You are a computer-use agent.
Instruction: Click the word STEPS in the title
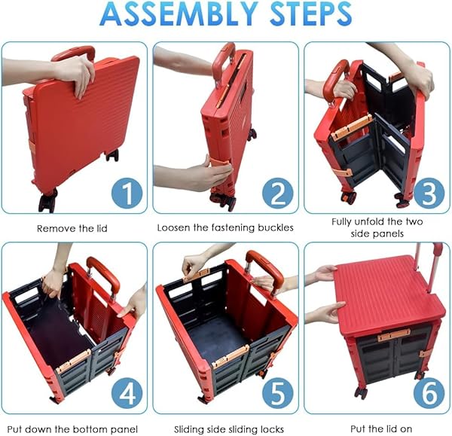(310, 14)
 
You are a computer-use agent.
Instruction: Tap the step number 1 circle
(127, 194)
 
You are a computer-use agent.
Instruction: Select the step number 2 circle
(277, 194)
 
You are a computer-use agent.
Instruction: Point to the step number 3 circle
(429, 194)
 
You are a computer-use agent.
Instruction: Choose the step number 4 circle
(127, 393)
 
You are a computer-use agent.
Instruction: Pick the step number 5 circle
(277, 393)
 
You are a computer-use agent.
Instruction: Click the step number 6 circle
(429, 393)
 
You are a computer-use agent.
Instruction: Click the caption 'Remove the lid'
(72, 228)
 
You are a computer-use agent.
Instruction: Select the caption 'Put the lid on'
(381, 428)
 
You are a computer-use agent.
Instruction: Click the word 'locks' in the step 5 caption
(272, 429)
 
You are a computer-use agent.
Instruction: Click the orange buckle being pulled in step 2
(220, 165)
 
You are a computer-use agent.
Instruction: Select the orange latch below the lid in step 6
(394, 335)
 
